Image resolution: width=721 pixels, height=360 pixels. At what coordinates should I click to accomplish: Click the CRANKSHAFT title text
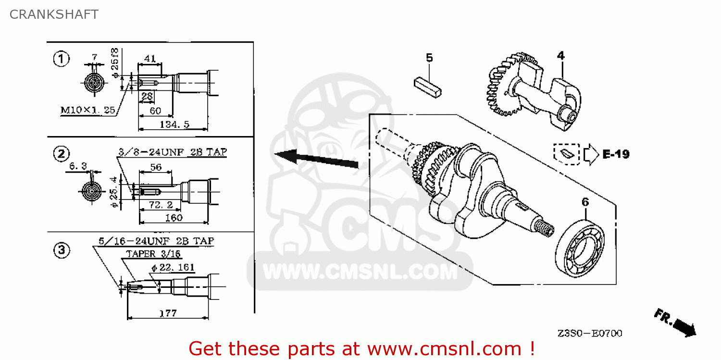coord(54,14)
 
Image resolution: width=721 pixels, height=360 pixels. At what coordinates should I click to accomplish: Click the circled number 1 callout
coord(61,59)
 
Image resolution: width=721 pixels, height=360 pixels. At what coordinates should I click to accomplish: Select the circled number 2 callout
coord(61,154)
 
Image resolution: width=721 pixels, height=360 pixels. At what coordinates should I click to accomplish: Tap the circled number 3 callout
coord(61,250)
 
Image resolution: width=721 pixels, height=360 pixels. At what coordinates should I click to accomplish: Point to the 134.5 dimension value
coord(174,124)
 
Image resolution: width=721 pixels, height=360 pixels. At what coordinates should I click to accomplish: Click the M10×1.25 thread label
coord(87,110)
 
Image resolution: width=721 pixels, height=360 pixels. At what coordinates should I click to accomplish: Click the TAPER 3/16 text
coord(153,254)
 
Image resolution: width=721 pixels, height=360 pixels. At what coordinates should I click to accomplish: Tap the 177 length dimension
coord(168,313)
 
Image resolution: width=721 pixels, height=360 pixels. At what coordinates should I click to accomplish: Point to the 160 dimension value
coord(174,217)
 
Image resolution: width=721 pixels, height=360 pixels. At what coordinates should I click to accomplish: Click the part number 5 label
coord(429,58)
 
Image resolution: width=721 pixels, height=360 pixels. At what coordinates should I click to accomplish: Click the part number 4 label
coord(560,55)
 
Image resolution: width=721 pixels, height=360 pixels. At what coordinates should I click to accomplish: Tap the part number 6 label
coord(585,202)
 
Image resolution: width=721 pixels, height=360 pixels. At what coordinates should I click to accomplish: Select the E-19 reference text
coord(615,154)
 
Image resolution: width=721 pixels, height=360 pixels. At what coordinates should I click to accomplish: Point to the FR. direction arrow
coord(675,323)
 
